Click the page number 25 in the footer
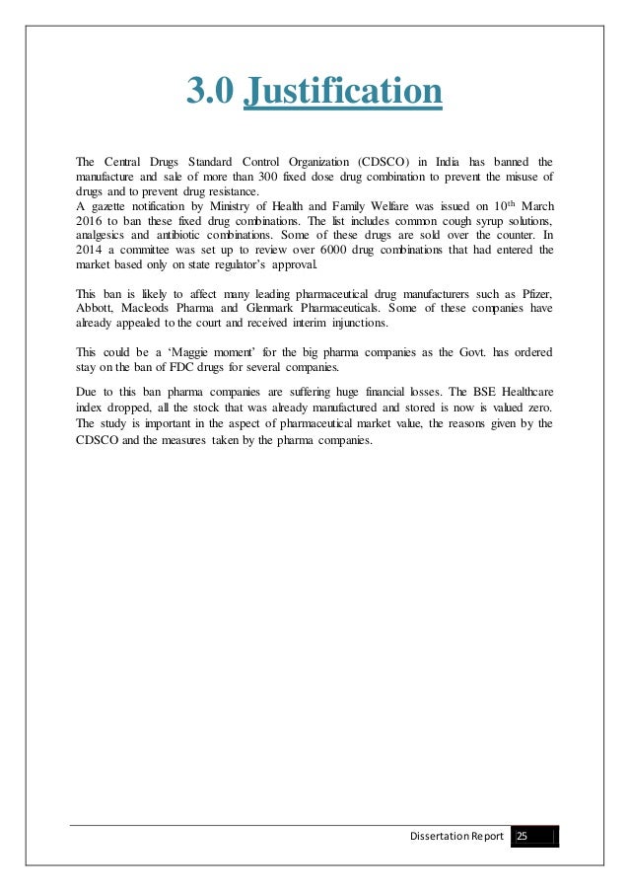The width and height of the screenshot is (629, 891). coord(523,837)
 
